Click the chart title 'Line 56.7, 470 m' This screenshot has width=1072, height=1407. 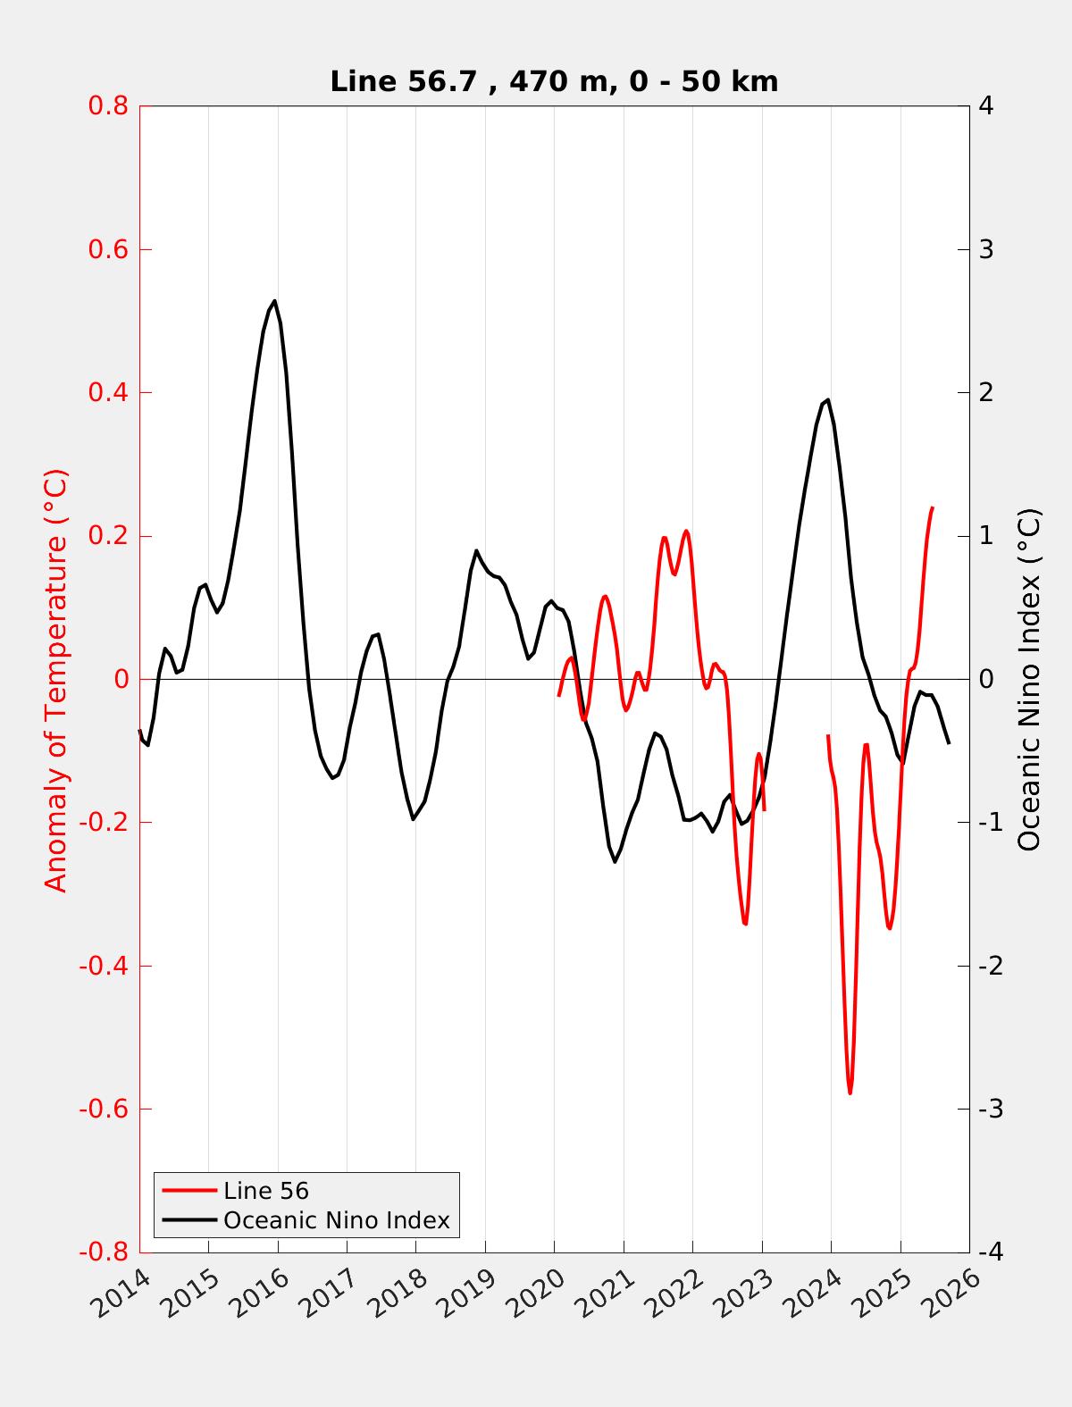pos(554,81)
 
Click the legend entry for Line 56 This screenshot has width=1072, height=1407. pos(266,1191)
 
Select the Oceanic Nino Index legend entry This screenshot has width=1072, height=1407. pos(336,1220)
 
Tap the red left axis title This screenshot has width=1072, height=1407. pos(55,679)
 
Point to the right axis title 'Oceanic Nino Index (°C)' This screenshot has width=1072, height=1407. pos(1029,679)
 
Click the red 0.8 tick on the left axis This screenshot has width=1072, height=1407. pos(107,106)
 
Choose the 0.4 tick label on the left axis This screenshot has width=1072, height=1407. pos(107,393)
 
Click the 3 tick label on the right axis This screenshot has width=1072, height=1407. pos(986,249)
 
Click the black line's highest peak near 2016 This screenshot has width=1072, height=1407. pos(274,301)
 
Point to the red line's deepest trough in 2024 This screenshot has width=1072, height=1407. pos(850,1093)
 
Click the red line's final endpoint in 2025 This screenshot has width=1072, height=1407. pos(933,507)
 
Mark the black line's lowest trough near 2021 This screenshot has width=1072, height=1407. pos(615,861)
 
